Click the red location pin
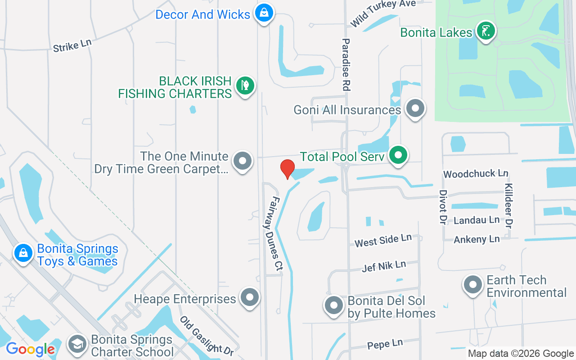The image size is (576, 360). click(287, 169)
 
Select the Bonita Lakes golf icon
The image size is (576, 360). click(486, 31)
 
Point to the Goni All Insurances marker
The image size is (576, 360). click(415, 108)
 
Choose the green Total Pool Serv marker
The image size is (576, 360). click(398, 155)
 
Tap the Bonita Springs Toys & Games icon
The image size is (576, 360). click(23, 253)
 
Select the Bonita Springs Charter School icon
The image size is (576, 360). click(77, 344)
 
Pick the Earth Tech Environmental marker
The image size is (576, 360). click(472, 285)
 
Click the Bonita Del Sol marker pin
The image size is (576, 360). click(334, 305)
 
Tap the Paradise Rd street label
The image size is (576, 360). click(346, 65)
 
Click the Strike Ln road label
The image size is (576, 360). click(72, 45)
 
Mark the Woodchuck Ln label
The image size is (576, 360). click(476, 174)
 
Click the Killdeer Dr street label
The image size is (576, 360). click(509, 205)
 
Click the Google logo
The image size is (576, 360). click(30, 349)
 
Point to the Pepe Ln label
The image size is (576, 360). click(385, 344)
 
